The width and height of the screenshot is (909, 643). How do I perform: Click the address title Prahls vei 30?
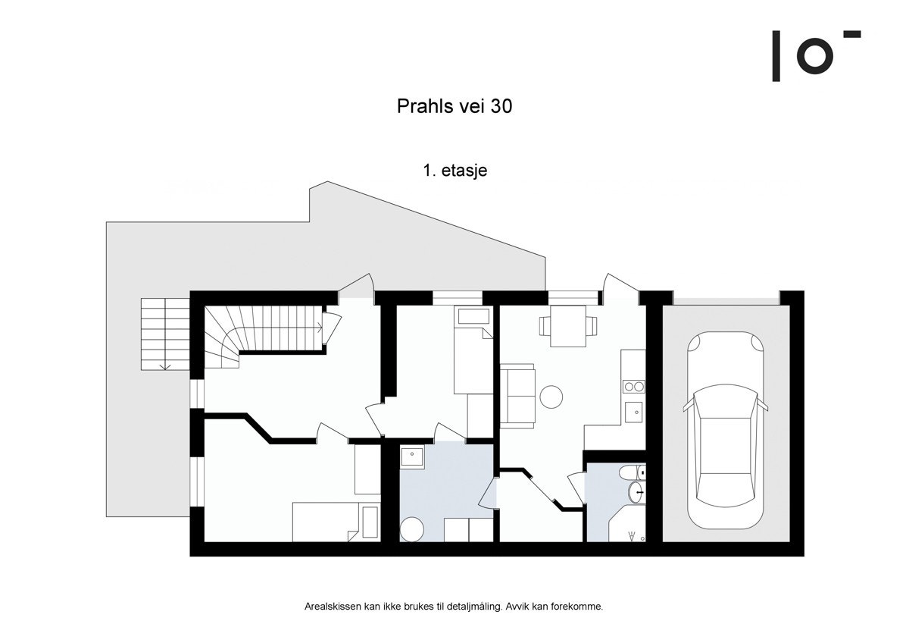click(x=454, y=107)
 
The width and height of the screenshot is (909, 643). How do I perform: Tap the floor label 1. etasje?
click(x=454, y=171)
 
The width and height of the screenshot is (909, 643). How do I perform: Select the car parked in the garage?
click(x=726, y=431)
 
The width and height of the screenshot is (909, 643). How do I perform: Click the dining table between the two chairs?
click(x=568, y=326)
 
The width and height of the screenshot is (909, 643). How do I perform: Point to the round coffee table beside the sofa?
click(x=551, y=396)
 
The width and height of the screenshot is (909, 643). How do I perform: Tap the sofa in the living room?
click(x=517, y=395)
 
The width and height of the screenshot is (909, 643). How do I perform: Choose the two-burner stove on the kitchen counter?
click(x=633, y=387)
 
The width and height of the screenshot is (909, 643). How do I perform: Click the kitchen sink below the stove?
click(x=633, y=413)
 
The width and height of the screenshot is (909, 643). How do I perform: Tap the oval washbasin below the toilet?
click(x=636, y=494)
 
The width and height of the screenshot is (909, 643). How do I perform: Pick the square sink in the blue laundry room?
click(x=412, y=457)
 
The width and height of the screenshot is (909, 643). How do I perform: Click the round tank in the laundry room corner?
click(x=411, y=529)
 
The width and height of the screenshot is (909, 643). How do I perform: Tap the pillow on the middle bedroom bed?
click(x=473, y=317)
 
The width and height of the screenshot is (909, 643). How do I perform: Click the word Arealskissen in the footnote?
click(x=328, y=607)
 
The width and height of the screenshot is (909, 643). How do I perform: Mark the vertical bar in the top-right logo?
click(x=776, y=56)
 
